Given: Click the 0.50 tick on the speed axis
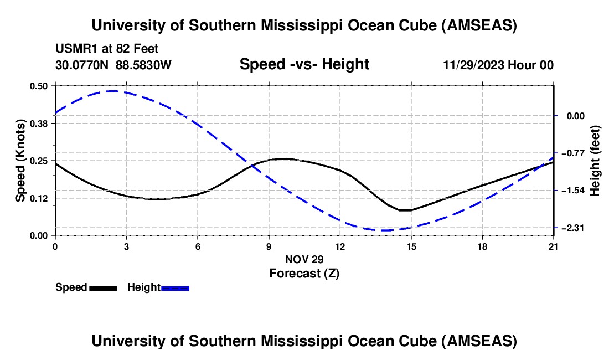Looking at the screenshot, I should click(x=41, y=86).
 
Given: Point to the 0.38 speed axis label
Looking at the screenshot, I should click(x=41, y=124).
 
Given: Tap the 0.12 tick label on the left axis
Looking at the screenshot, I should click(x=41, y=198).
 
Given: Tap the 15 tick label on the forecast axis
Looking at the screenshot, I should click(x=411, y=245).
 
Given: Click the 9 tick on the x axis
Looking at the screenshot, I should click(x=269, y=245).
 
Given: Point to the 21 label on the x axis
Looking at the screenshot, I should click(x=553, y=245).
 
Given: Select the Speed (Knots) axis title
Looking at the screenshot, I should click(x=20, y=161).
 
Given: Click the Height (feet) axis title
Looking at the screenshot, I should click(x=595, y=161).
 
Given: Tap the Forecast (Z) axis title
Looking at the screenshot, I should click(x=304, y=273).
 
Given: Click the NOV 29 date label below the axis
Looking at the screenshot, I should click(x=304, y=259).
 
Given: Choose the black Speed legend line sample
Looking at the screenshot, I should click(x=104, y=288).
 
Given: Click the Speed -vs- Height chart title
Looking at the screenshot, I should click(x=304, y=65).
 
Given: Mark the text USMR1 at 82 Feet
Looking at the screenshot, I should click(x=107, y=49).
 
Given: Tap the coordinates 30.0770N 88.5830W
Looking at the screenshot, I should click(x=113, y=65).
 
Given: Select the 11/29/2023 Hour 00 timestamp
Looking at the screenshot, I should click(x=498, y=65).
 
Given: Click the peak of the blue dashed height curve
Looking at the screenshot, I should click(x=113, y=91).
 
